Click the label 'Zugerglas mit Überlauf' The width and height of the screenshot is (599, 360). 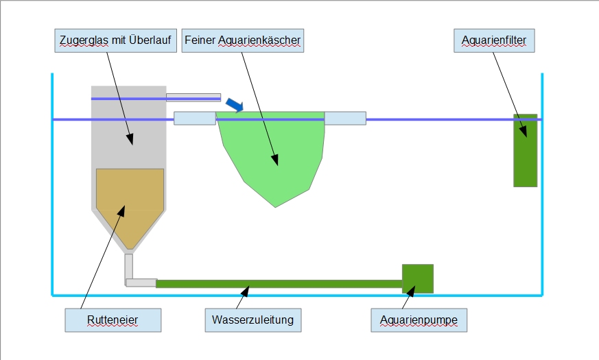tap(115, 41)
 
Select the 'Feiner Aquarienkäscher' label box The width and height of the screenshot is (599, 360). tap(243, 41)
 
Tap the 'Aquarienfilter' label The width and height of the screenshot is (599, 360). tap(494, 41)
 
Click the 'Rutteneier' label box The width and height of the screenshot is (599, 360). tap(113, 320)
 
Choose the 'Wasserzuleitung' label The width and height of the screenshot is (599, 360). tap(253, 320)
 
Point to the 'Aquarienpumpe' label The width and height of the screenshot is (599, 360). tap(419, 320)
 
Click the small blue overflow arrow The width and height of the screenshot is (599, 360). tap(235, 104)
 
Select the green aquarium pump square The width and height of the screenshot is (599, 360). tap(417, 278)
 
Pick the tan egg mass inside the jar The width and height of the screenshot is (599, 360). tap(130, 202)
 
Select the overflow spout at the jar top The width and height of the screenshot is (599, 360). tap(193, 97)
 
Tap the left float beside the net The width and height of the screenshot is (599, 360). tap(194, 118)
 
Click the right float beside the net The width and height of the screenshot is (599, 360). tap(345, 118)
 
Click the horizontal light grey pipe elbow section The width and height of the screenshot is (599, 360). tap(142, 283)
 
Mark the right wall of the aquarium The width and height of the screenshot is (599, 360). tap(542, 185)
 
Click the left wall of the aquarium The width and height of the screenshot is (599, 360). tap(53, 185)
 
